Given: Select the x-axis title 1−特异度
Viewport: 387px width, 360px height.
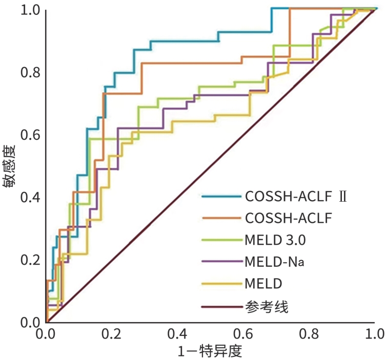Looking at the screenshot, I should pos(210,351).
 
